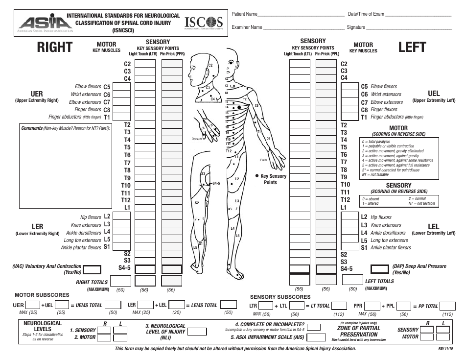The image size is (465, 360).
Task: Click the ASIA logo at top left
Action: pos(46,23)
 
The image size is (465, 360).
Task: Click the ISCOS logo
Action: pos(204,23)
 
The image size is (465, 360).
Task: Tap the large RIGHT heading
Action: pos(54,48)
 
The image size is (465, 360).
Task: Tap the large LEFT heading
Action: pos(412,48)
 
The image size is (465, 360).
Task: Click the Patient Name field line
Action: pos(299,15)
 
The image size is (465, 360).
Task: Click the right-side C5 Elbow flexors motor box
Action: pos(122,87)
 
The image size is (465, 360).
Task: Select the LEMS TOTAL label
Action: pos(204,306)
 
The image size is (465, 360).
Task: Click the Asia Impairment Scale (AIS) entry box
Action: pos(316,337)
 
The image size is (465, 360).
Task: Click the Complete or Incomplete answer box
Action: pos(314,326)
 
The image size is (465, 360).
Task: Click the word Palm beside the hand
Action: pos(263,160)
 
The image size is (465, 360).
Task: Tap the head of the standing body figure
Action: pos(232,58)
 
